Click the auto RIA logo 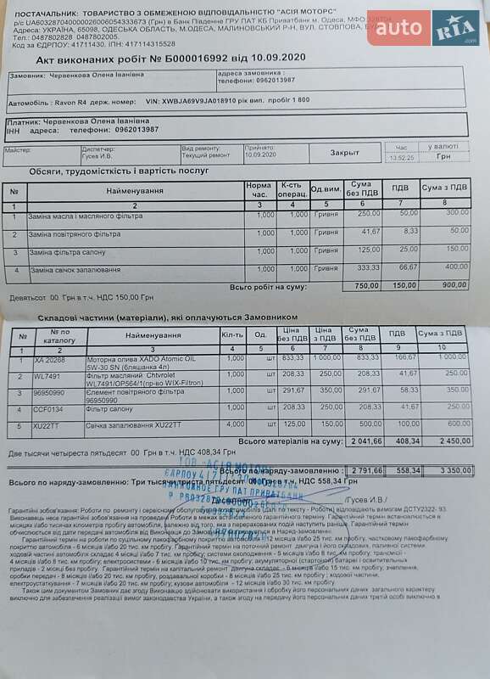[424, 29]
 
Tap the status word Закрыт [344, 154]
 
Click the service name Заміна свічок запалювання [75, 270]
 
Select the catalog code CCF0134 [49, 409]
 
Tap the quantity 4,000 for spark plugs [236, 424]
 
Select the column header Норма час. [259, 189]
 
